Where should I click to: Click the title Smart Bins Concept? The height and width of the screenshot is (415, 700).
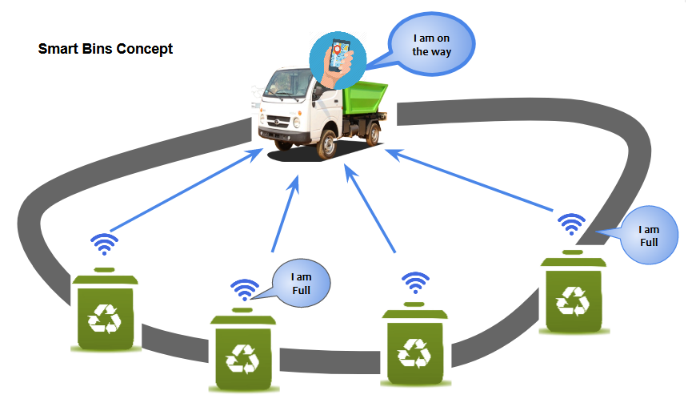point(106,49)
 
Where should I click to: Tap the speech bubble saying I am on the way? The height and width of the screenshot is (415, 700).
point(431,45)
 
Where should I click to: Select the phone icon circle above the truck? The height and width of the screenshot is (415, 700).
point(338,60)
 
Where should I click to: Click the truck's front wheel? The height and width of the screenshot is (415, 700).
point(326,144)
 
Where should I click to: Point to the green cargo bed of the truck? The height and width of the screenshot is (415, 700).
point(364,99)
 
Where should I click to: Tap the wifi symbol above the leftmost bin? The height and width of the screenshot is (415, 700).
point(105,244)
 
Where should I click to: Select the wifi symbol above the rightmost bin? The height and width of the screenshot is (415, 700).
point(571,224)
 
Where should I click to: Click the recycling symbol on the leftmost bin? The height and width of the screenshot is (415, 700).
point(105,318)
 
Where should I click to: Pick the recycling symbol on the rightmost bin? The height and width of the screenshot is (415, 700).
point(573,301)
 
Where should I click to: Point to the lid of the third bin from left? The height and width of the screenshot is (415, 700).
point(414,312)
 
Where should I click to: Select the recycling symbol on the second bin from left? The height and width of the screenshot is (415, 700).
point(242,359)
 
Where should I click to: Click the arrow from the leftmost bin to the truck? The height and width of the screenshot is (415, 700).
point(186,190)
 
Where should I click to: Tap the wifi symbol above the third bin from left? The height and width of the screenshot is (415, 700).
point(416,283)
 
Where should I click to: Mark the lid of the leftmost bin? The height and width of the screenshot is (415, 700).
point(105,278)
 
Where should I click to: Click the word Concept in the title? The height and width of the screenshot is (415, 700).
point(147,49)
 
